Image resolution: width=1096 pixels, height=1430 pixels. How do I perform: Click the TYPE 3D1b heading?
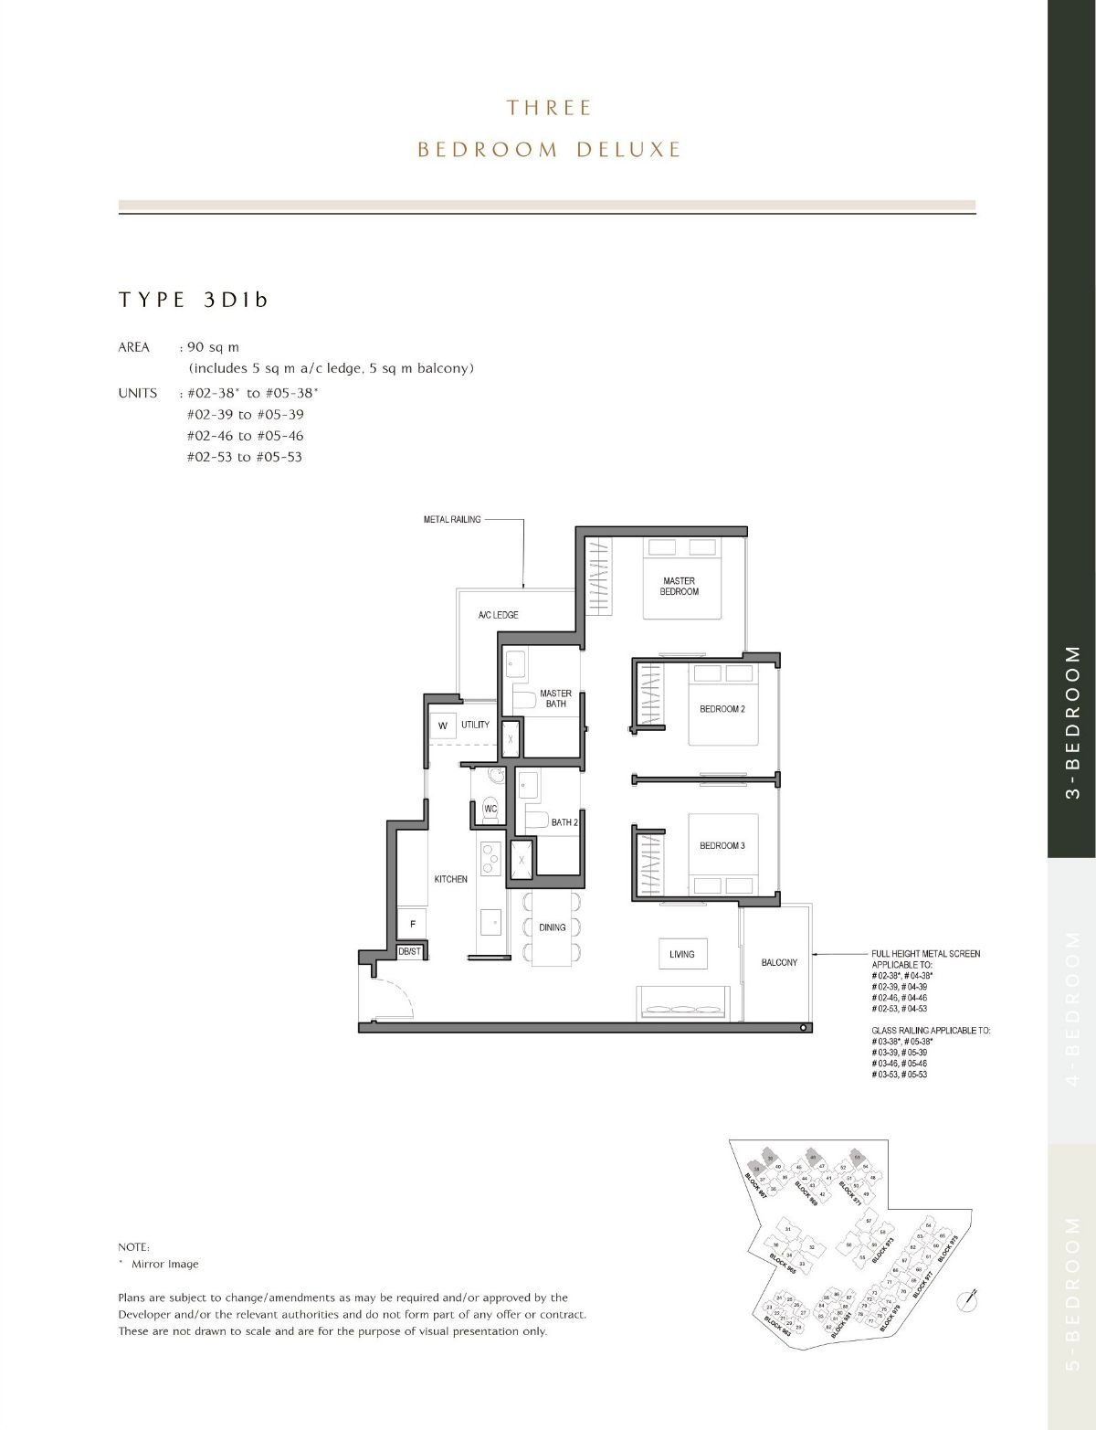(x=194, y=300)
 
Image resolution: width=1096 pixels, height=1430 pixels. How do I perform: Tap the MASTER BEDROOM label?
(x=679, y=587)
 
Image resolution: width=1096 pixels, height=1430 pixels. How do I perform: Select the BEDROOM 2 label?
(x=722, y=709)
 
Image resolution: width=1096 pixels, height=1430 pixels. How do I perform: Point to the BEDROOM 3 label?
(x=722, y=846)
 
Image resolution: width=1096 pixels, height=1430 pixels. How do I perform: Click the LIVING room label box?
(x=681, y=954)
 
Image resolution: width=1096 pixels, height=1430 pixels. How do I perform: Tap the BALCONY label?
(x=779, y=962)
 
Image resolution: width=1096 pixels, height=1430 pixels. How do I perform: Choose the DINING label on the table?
(x=552, y=927)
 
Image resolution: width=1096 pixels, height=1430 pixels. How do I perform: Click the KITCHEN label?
(x=450, y=879)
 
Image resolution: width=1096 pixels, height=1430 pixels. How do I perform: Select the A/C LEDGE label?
(x=498, y=615)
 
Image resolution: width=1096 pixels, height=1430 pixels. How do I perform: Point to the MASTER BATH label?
(x=555, y=699)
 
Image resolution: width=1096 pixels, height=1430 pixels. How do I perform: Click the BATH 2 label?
(x=564, y=822)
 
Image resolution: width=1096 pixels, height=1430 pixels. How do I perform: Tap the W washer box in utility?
(x=443, y=726)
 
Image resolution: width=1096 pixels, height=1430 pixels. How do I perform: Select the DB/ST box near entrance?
(x=410, y=952)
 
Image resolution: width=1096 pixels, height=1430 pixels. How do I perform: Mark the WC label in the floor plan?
(x=490, y=810)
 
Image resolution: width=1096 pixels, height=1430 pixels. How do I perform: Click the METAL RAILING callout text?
(x=452, y=519)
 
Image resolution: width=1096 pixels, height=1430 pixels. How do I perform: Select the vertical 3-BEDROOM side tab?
(x=1072, y=722)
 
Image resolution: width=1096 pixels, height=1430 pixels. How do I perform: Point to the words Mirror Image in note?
(x=164, y=1265)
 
